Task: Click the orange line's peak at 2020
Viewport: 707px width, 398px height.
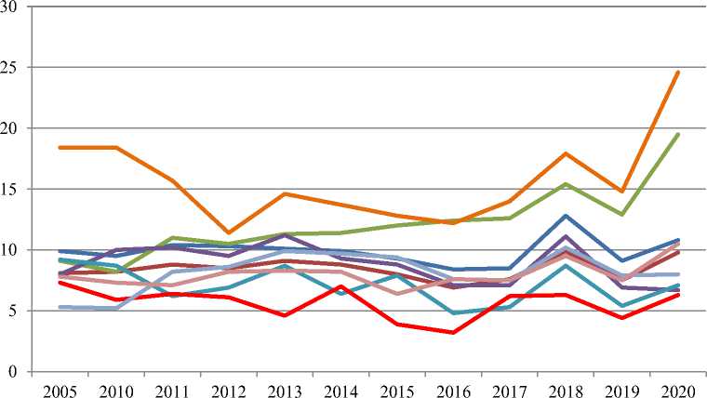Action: tap(678, 72)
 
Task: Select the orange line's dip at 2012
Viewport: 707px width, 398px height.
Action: tap(228, 232)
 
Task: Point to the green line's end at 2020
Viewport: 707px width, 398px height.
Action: tap(678, 134)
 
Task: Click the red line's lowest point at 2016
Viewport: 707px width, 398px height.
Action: tap(453, 332)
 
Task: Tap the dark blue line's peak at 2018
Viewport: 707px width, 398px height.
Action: tap(566, 216)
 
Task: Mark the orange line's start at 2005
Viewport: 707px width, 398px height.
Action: tap(59, 148)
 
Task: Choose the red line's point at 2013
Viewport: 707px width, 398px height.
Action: tap(284, 315)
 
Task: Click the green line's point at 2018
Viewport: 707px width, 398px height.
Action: tap(566, 184)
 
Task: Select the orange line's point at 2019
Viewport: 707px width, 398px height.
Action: tap(621, 192)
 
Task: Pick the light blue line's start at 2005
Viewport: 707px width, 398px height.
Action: tap(59, 307)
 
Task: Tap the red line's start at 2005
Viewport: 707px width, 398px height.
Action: tap(59, 283)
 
